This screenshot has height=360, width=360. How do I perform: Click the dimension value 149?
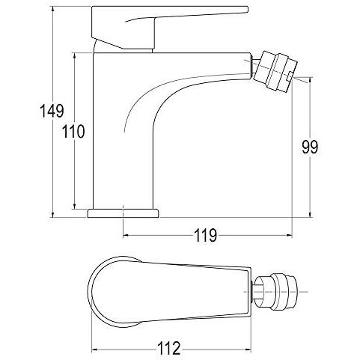click(x=52, y=111)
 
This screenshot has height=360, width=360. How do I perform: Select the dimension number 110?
click(x=73, y=132)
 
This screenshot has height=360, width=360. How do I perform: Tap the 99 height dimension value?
click(x=310, y=147)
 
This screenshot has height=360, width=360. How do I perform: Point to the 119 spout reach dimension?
click(x=205, y=235)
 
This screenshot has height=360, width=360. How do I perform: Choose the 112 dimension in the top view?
click(x=168, y=349)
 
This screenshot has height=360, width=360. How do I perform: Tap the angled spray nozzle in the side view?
click(x=275, y=71)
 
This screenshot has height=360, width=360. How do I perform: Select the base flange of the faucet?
click(x=123, y=213)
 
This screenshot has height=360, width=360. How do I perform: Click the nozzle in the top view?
click(x=275, y=292)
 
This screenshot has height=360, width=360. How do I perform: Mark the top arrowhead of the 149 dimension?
click(x=52, y=9)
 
